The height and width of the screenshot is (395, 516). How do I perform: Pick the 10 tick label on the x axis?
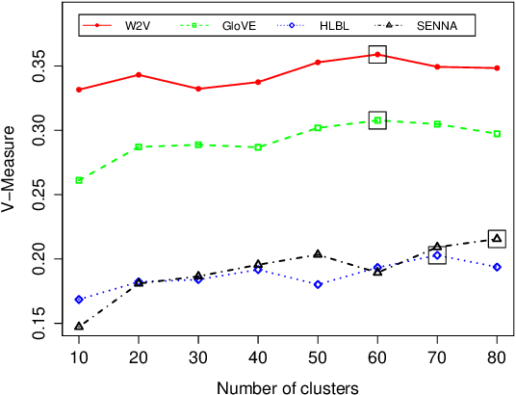click(x=79, y=357)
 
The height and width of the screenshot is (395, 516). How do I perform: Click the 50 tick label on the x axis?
click(x=318, y=357)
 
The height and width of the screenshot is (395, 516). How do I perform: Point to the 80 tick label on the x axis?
click(x=497, y=357)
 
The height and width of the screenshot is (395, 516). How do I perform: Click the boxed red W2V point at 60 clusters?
click(x=377, y=55)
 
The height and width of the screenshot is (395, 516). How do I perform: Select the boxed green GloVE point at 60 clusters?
click(x=377, y=120)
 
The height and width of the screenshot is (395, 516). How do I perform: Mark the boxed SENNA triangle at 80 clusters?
click(x=497, y=238)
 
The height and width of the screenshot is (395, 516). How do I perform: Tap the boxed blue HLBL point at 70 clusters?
click(x=437, y=255)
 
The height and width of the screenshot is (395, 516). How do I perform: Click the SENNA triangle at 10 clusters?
click(x=79, y=327)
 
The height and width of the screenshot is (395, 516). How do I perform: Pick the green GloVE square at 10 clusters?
click(x=79, y=180)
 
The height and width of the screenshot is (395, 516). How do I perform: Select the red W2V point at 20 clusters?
click(x=139, y=74)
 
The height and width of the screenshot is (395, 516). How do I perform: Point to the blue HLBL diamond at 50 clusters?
click(x=318, y=284)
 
